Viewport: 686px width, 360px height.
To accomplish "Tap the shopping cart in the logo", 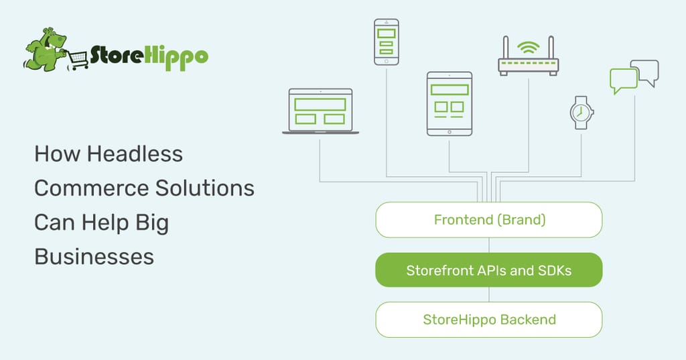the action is coord(78,60).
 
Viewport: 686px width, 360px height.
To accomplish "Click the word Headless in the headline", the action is coord(135,154).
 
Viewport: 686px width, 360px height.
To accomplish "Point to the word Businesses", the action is coord(94,257).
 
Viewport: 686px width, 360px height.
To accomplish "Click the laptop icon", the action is coord(321,111).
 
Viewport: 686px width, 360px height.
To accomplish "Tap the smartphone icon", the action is coord(387,42).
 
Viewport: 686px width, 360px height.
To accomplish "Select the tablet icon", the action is coord(450,104).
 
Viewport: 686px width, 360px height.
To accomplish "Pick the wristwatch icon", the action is coord(581,113).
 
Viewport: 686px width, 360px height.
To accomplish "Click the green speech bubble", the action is coord(624,80).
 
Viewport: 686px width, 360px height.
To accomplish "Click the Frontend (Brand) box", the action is coord(488,220).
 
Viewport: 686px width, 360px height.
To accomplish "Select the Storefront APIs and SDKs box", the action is coord(488,270).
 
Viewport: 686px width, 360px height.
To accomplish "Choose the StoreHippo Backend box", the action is coord(488,320).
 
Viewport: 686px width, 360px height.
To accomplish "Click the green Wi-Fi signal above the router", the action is coord(529,47).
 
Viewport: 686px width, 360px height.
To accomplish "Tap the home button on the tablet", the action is coord(450,132).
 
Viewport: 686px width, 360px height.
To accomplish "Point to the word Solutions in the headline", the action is coord(205,188).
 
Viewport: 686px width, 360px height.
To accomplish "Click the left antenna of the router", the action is coord(506,48).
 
